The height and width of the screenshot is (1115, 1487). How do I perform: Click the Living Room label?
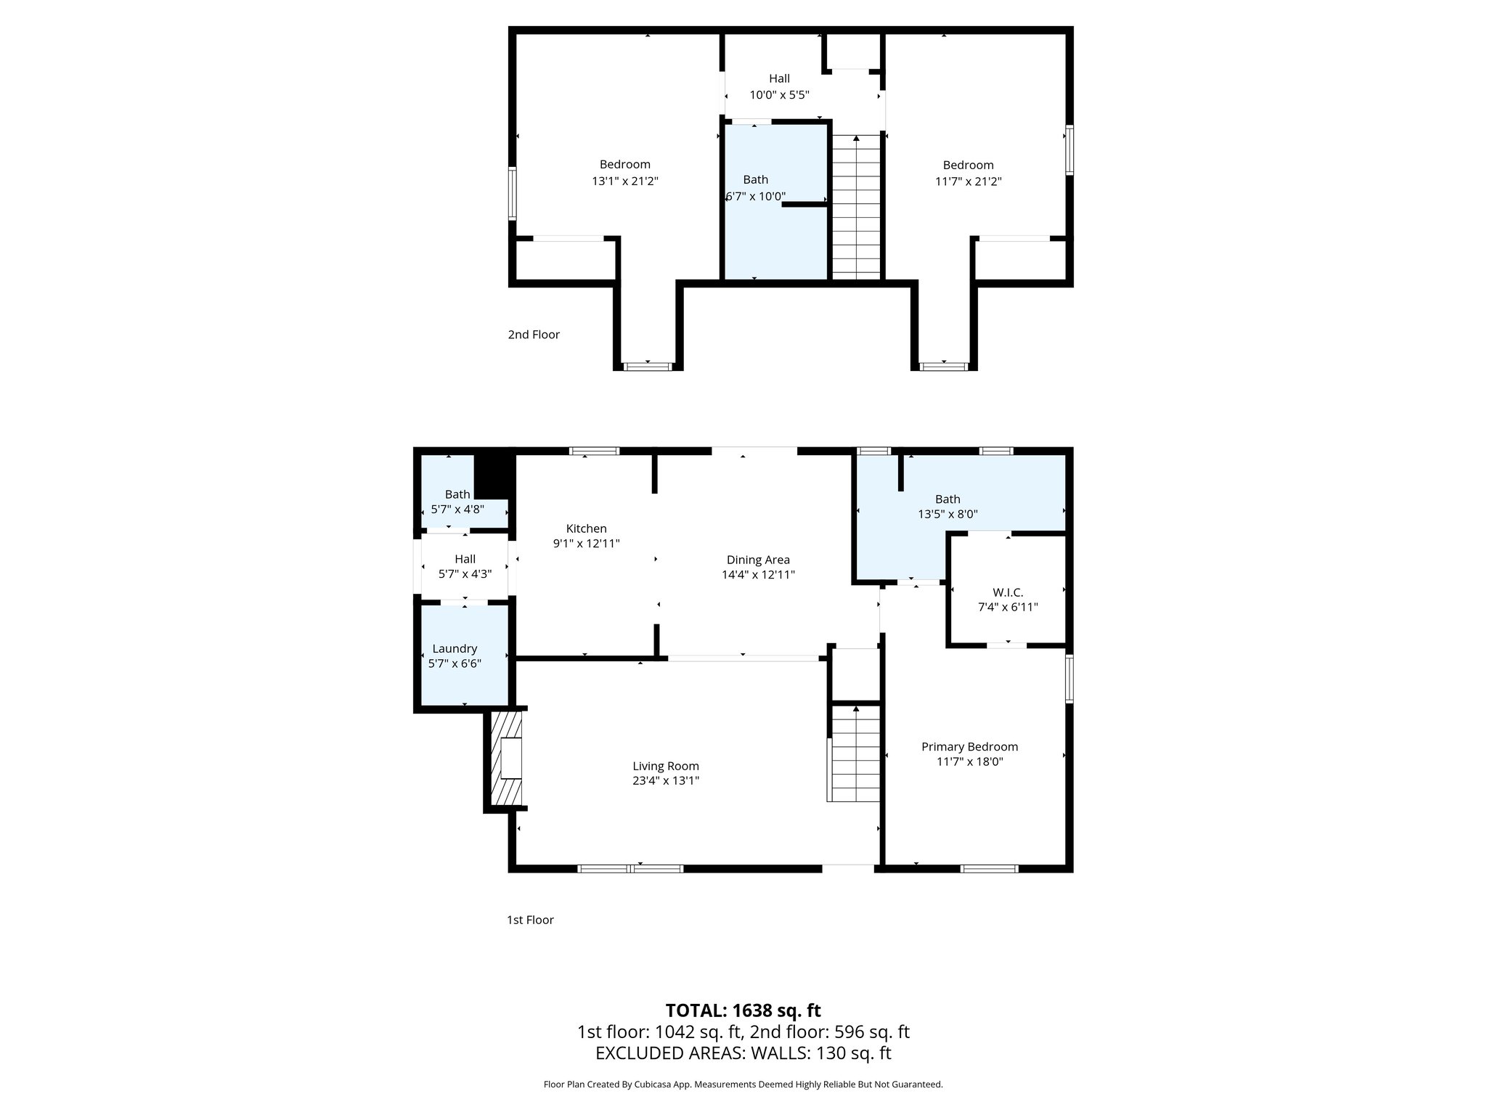[x=665, y=766]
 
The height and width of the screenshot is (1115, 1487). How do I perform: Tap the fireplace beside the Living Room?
[x=507, y=759]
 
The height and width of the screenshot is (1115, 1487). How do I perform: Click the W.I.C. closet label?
[x=1008, y=592]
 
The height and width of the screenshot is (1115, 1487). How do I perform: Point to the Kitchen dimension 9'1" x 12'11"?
[x=586, y=543]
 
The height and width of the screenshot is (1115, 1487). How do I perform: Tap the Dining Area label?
[x=758, y=560]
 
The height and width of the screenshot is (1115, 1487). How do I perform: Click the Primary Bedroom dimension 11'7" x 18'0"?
[x=969, y=761]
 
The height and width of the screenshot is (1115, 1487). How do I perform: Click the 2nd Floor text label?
[x=534, y=335]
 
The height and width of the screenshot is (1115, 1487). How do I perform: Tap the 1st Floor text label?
[x=530, y=920]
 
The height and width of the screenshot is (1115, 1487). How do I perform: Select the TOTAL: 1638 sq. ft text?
[x=743, y=1010]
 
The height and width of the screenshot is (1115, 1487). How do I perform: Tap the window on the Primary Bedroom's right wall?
[x=1069, y=679]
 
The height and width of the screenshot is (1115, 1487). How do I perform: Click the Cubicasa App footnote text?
[x=743, y=1085]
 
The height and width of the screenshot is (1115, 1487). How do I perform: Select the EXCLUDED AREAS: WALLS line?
[x=743, y=1053]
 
